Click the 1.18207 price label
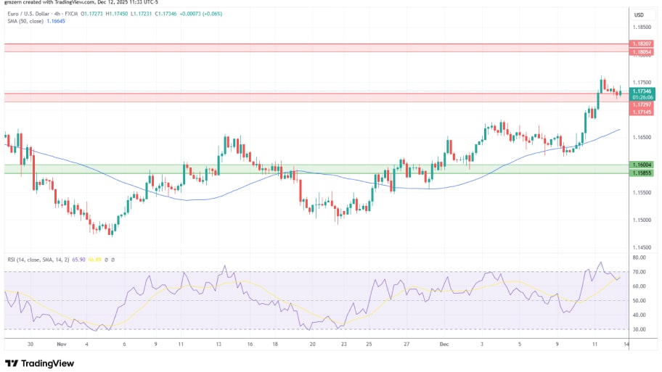click(641, 44)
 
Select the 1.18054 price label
click(641, 52)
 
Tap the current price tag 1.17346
click(641, 91)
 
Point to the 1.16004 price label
click(641, 165)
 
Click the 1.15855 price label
click(641, 173)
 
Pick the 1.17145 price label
click(641, 112)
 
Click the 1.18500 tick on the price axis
click(641, 27)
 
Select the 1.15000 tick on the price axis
click(641, 220)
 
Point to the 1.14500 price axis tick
click(641, 247)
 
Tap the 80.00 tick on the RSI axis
click(639, 257)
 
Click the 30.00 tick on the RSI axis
click(639, 329)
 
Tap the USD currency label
click(639, 15)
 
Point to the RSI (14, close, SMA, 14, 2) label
click(41, 259)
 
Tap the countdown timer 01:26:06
click(641, 97)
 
